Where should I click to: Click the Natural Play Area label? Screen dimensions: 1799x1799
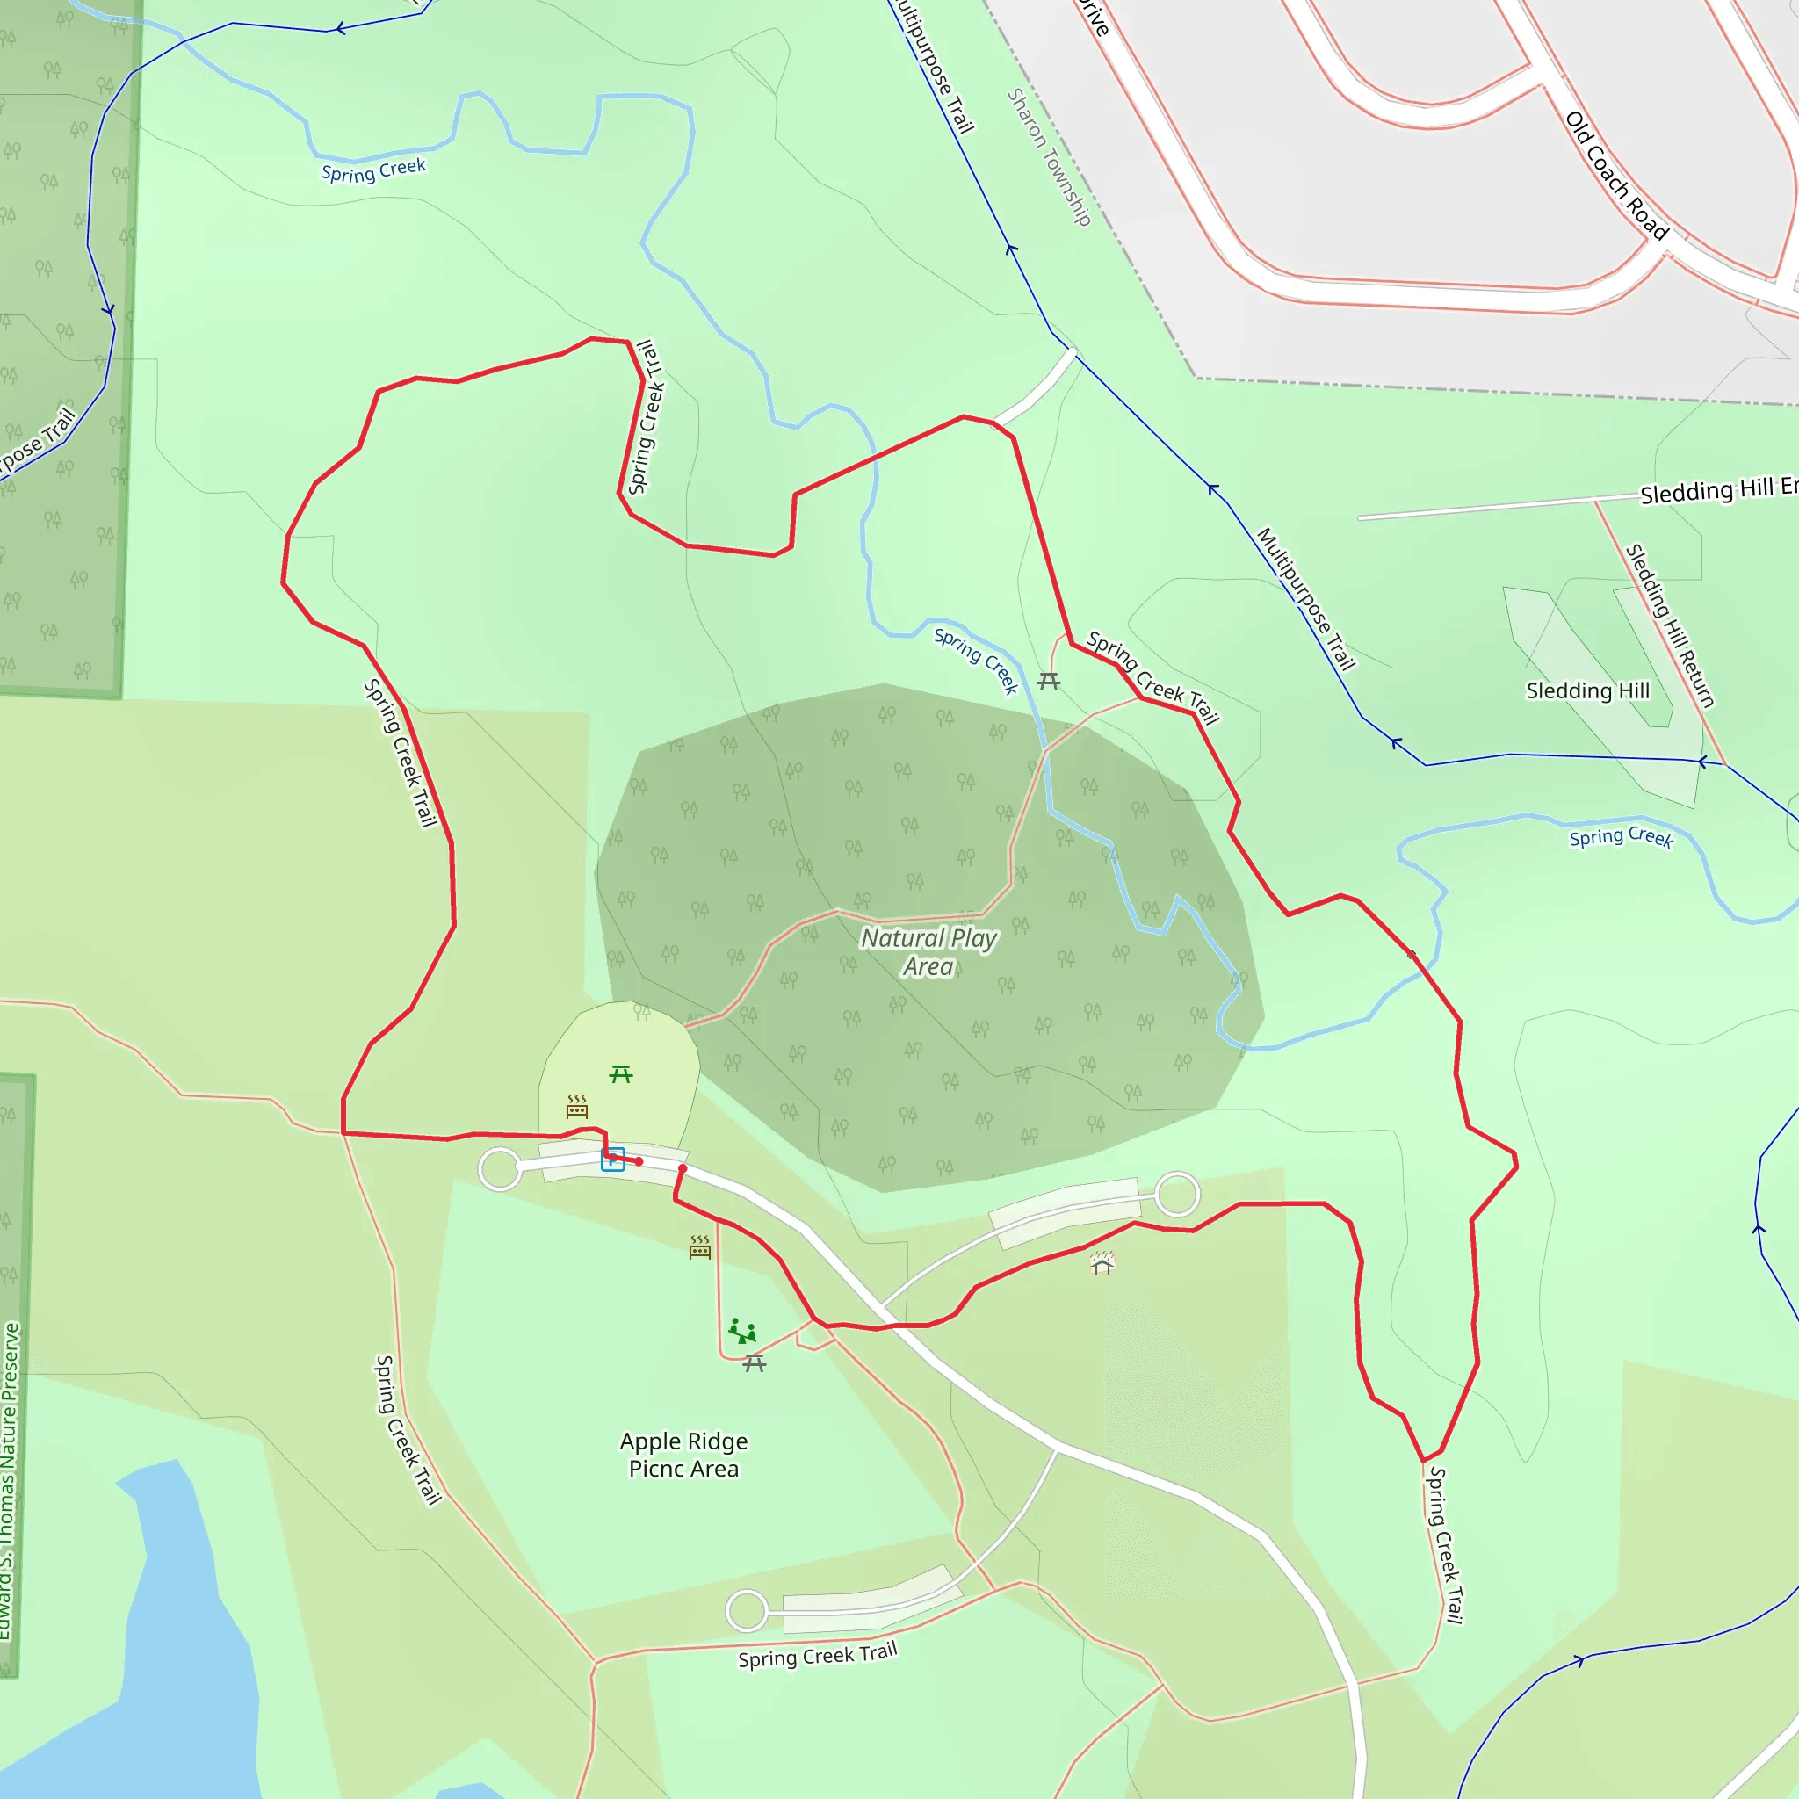(x=928, y=952)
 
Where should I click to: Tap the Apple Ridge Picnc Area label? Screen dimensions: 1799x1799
(x=683, y=1455)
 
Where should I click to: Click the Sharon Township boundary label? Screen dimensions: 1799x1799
(x=1049, y=157)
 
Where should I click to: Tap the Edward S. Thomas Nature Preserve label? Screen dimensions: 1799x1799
(x=10, y=1480)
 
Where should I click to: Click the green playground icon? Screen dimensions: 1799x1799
(x=742, y=1331)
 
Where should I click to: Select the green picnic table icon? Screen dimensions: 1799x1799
(x=621, y=1074)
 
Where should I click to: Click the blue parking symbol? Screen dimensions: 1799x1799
(x=613, y=1160)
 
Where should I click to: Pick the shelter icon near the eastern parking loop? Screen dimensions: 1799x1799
(x=1102, y=1263)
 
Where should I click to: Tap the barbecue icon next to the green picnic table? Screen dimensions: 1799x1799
(x=577, y=1106)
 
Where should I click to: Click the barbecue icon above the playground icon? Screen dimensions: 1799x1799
(x=700, y=1246)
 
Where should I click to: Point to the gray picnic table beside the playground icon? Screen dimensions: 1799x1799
(x=755, y=1363)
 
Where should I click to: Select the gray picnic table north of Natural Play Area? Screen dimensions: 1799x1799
(x=1049, y=682)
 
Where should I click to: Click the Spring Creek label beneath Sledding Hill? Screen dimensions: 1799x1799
(x=1622, y=837)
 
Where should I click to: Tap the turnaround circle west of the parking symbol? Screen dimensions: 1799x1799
(x=500, y=1169)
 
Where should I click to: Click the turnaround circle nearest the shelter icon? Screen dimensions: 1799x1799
(x=1177, y=1194)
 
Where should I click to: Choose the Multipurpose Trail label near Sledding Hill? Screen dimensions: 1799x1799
(x=1305, y=599)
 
